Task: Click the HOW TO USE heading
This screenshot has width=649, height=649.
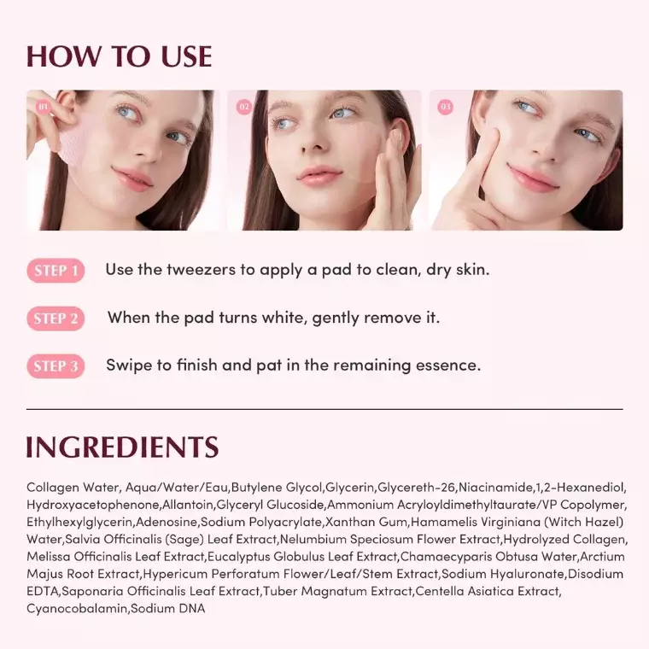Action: click(x=119, y=56)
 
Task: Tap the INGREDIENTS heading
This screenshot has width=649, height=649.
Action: click(x=122, y=447)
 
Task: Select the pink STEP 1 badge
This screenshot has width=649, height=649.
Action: click(x=56, y=272)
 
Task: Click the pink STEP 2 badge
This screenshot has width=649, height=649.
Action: click(x=56, y=319)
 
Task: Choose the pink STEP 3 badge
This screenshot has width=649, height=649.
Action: click(x=56, y=367)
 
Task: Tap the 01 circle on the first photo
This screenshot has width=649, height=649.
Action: click(x=44, y=107)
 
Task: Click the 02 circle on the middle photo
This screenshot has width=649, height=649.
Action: click(x=244, y=107)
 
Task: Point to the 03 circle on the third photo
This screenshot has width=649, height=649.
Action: click(x=445, y=107)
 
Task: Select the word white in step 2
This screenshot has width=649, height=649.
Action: click(x=285, y=318)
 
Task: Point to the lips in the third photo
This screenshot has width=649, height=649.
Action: click(x=533, y=178)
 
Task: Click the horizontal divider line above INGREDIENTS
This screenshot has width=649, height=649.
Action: click(x=324, y=409)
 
